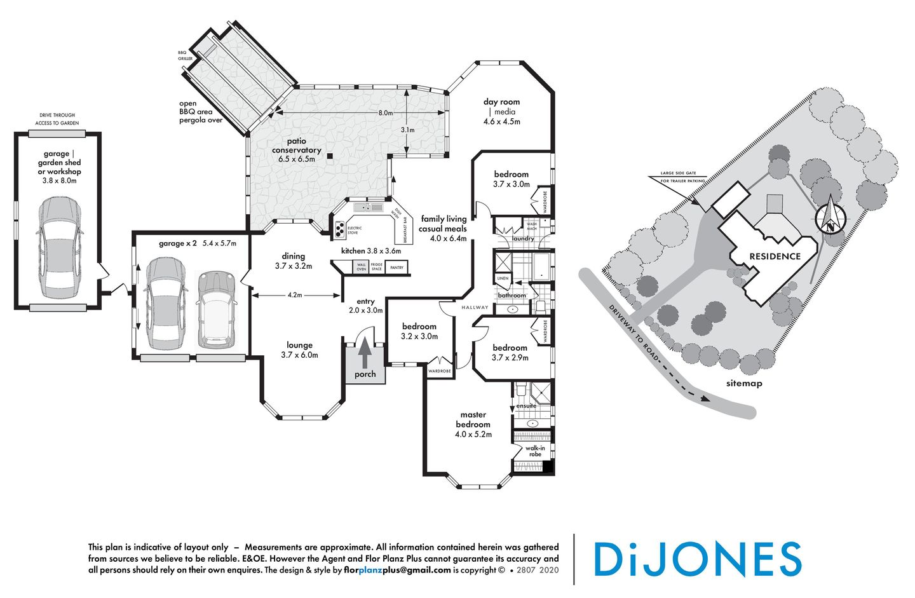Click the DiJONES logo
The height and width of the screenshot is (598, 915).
pyautogui.click(x=697, y=559)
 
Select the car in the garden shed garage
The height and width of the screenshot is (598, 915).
pyautogui.click(x=59, y=248)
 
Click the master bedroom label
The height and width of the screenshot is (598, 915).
pyautogui.click(x=473, y=419)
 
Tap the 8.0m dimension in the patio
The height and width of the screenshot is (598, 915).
pyautogui.click(x=385, y=112)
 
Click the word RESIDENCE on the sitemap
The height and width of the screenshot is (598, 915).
pyautogui.click(x=775, y=256)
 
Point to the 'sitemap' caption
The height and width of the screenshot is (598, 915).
pyautogui.click(x=744, y=383)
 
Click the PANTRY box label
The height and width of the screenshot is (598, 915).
pyautogui.click(x=396, y=268)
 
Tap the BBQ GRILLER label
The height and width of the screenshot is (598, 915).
pyautogui.click(x=185, y=55)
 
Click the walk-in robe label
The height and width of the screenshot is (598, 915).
pyautogui.click(x=535, y=451)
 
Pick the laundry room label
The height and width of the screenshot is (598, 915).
pyautogui.click(x=523, y=239)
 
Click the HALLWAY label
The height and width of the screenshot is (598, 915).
pyautogui.click(x=475, y=308)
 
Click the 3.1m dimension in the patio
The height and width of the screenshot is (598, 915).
pyautogui.click(x=407, y=130)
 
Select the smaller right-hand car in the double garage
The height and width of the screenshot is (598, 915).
pyautogui.click(x=217, y=309)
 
